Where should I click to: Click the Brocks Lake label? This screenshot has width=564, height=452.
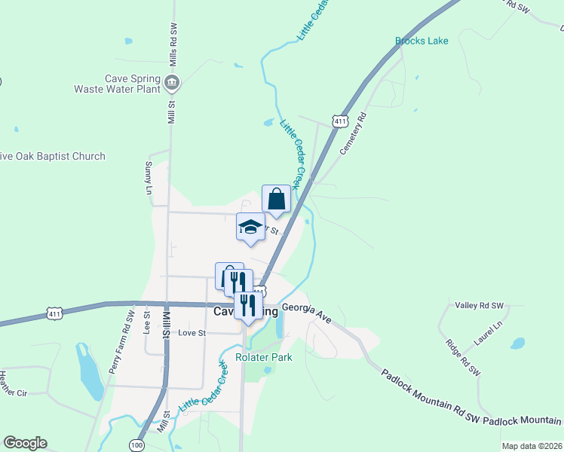point(421,41)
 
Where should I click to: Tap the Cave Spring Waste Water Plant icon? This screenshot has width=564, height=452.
point(173,82)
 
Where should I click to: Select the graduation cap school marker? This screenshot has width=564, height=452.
point(250,227)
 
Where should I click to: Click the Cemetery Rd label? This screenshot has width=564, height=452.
point(352,133)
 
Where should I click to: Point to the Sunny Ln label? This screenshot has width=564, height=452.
point(148,177)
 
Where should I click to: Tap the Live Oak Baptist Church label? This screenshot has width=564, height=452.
point(53,156)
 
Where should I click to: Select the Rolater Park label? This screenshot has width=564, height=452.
point(264,358)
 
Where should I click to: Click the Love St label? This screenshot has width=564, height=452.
point(192,332)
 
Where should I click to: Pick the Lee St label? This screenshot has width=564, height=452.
point(148,322)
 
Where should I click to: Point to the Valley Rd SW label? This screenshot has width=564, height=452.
point(480,305)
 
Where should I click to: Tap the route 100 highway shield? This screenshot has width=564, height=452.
point(136,445)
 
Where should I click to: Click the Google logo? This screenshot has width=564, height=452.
point(25,443)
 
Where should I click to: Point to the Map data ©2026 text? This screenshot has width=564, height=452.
point(532,446)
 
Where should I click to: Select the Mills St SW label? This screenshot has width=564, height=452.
point(173,41)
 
